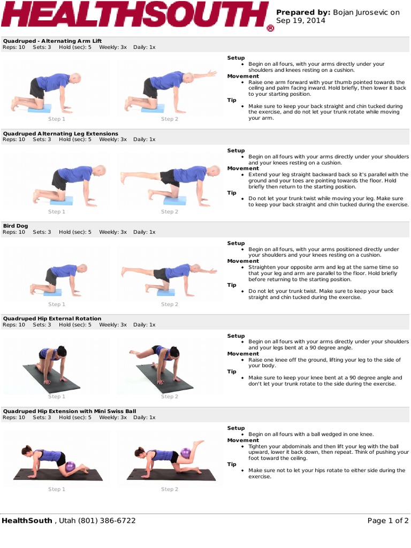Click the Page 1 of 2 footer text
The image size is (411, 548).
tap(388, 520)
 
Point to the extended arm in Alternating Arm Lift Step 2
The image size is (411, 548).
tap(203, 74)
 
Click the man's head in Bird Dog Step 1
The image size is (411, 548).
tap(82, 268)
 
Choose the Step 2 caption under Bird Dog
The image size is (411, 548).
tap(170, 304)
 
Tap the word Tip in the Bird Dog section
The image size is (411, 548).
tap(232, 285)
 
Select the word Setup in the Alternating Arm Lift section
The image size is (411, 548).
tap(236, 58)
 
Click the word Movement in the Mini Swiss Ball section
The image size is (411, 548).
tap(243, 440)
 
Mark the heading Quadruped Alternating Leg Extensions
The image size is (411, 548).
tap(60, 133)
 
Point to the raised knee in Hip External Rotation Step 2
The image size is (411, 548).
tap(133, 353)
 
